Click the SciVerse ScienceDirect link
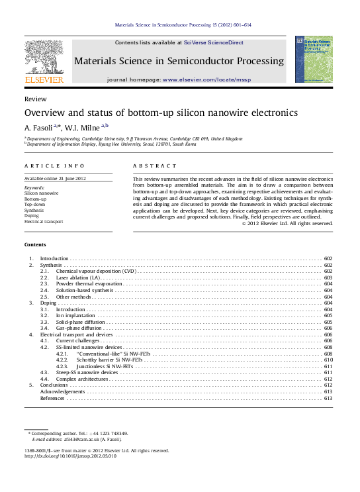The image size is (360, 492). point(213,42)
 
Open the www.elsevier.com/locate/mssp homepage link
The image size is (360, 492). point(206,79)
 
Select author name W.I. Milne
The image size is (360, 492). point(81,127)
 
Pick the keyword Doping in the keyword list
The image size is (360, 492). point(31,215)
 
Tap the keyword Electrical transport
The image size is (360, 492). point(44,221)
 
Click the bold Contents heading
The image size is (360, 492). point(36,245)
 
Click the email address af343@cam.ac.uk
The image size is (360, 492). point(79,440)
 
